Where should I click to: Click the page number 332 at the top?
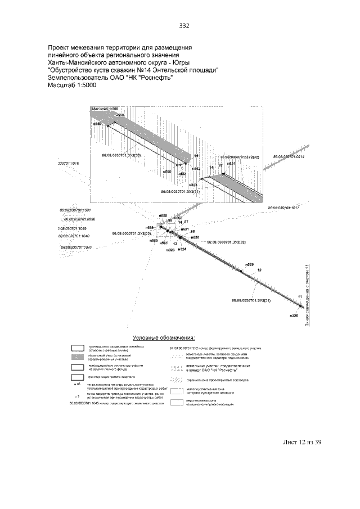tap(183, 26)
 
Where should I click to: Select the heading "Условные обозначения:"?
tap(164, 338)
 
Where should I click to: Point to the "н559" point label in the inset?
tap(97, 123)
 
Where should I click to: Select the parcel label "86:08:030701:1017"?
tap(285, 208)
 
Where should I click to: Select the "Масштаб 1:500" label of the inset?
tap(105, 107)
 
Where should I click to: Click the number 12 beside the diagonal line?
tap(259, 271)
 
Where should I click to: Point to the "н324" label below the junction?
tap(182, 249)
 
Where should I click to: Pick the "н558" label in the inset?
tap(120, 114)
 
